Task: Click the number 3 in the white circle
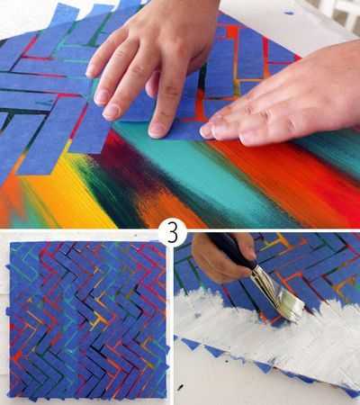172,233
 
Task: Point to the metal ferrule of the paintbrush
264,276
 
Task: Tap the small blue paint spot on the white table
289,13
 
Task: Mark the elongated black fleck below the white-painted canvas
180,387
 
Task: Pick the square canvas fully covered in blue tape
87,321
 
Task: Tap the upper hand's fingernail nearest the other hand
157,130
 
